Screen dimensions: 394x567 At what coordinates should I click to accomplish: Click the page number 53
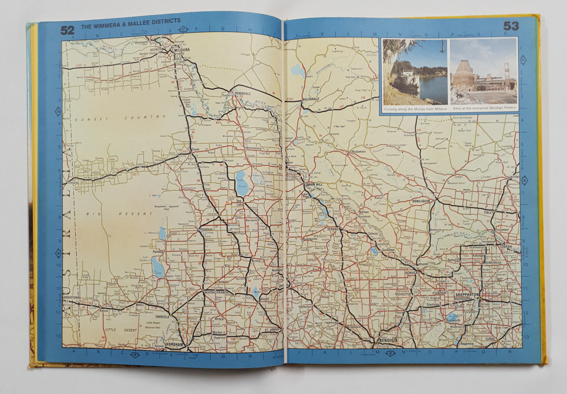pos(510,26)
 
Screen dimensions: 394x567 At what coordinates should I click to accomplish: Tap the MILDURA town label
pos(182,50)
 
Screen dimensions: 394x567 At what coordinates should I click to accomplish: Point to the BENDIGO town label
pos(387,341)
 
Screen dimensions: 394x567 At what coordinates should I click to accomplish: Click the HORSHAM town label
pos(174,344)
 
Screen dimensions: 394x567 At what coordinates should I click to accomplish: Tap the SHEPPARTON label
pos(467,294)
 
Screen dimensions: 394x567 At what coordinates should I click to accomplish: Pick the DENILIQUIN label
pos(421,201)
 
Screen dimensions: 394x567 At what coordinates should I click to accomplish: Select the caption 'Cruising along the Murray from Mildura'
pos(415,109)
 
